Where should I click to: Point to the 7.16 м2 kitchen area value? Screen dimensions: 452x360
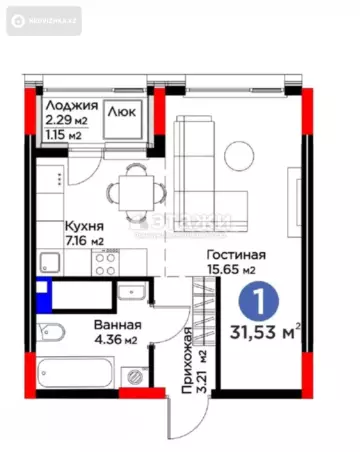83,241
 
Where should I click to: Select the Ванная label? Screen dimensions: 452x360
117,326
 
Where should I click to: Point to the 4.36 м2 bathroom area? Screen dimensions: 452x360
117,341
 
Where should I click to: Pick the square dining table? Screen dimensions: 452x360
131,187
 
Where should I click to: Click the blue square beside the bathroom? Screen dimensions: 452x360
41,296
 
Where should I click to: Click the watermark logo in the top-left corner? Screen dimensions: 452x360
41,19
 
